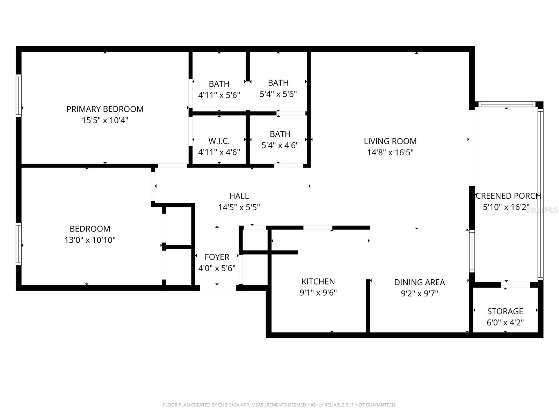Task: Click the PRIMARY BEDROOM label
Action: click(105, 109)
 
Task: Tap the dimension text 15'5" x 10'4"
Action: click(105, 120)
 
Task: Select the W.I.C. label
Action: click(219, 141)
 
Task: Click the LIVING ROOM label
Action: click(390, 141)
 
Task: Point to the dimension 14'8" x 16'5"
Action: click(390, 153)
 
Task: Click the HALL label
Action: click(239, 196)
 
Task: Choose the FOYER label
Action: click(217, 257)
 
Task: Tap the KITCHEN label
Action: click(318, 281)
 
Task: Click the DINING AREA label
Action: click(419, 282)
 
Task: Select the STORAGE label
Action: click(505, 311)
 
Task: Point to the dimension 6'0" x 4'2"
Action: click(505, 323)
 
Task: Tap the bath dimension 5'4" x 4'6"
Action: click(280, 146)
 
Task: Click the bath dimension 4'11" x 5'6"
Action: click(219, 95)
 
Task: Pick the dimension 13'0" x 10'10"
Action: click(90, 240)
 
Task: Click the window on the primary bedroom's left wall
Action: click(19, 95)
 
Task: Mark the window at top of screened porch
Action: click(506, 104)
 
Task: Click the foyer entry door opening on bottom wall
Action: click(218, 288)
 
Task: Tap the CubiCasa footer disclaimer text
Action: click(279, 405)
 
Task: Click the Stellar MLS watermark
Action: click(542, 210)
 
